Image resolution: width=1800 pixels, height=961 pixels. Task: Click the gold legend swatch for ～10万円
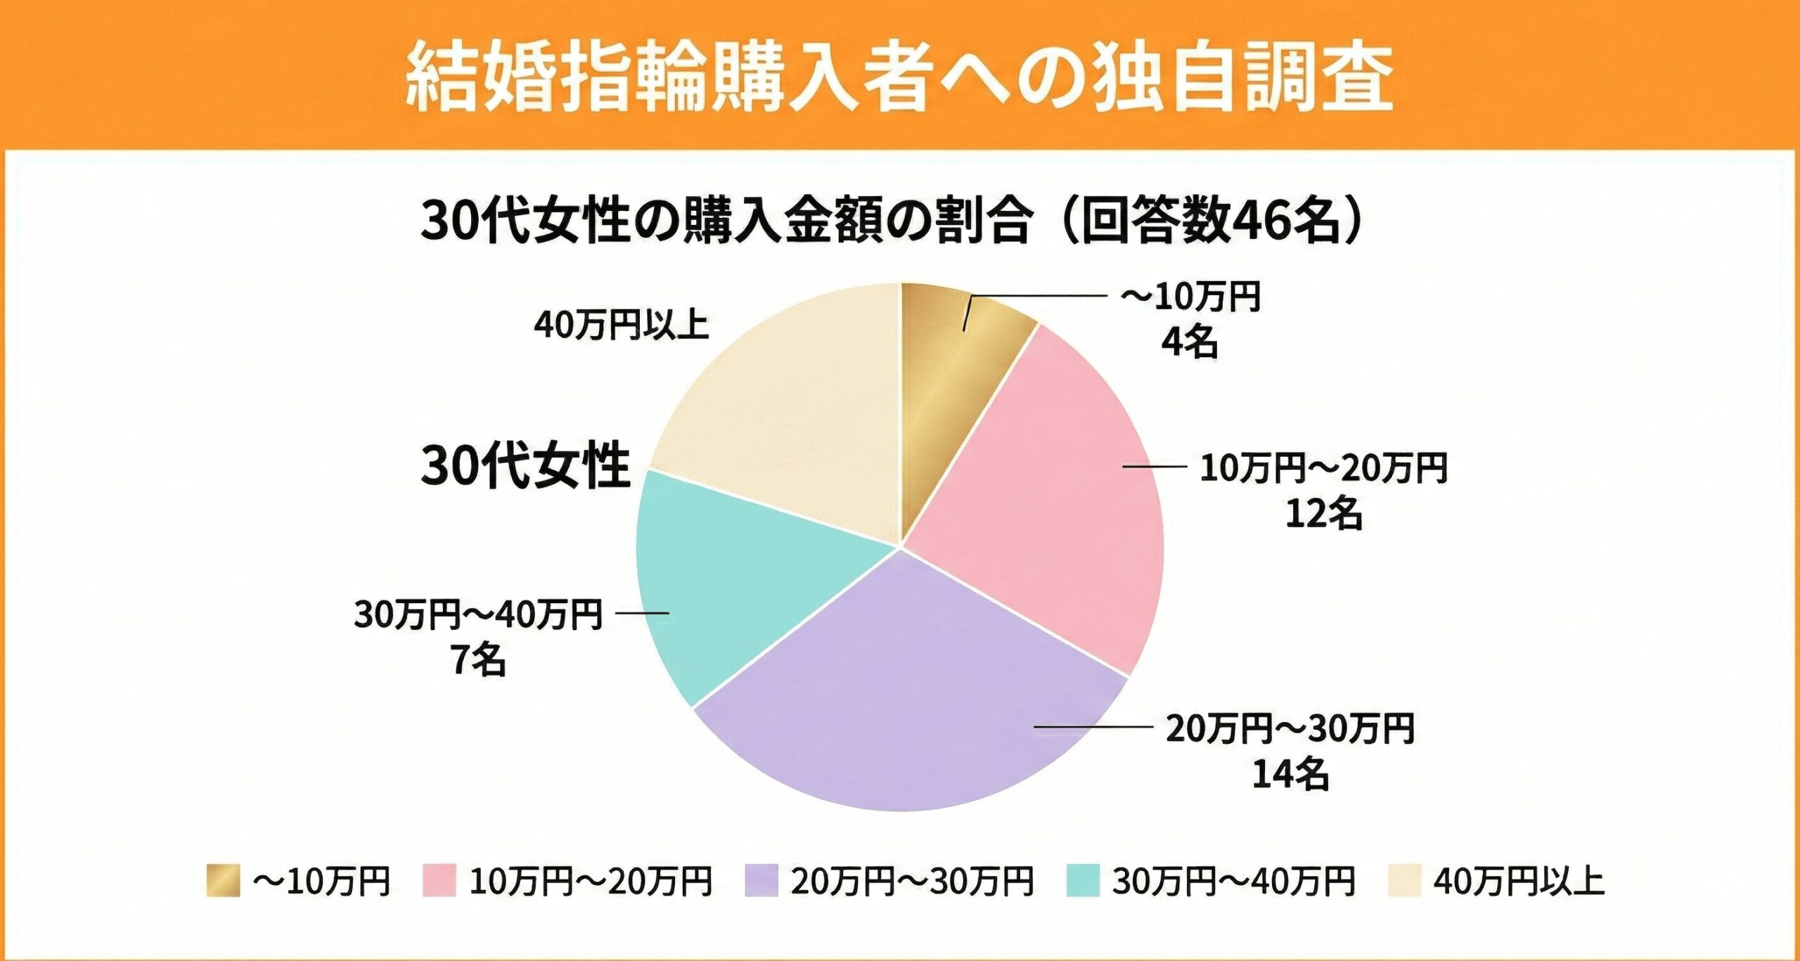pos(223,881)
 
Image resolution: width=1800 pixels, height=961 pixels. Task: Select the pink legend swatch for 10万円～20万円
pos(439,881)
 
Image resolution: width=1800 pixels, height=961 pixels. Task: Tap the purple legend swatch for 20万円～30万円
pos(761,881)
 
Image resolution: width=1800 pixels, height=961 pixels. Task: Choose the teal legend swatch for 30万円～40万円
pos(1083,881)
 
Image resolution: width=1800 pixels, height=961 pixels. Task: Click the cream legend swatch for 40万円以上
pos(1404,881)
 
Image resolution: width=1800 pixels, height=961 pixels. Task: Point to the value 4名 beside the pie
pos(1189,343)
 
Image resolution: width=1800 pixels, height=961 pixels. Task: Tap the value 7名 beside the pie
pos(479,660)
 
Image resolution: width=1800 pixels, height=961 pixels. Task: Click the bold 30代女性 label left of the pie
pos(525,465)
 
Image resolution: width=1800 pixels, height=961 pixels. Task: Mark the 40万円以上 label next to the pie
pos(621,325)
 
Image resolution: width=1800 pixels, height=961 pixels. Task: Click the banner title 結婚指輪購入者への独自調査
pos(899,76)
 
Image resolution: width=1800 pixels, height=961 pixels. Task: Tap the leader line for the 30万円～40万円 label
pos(642,613)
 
